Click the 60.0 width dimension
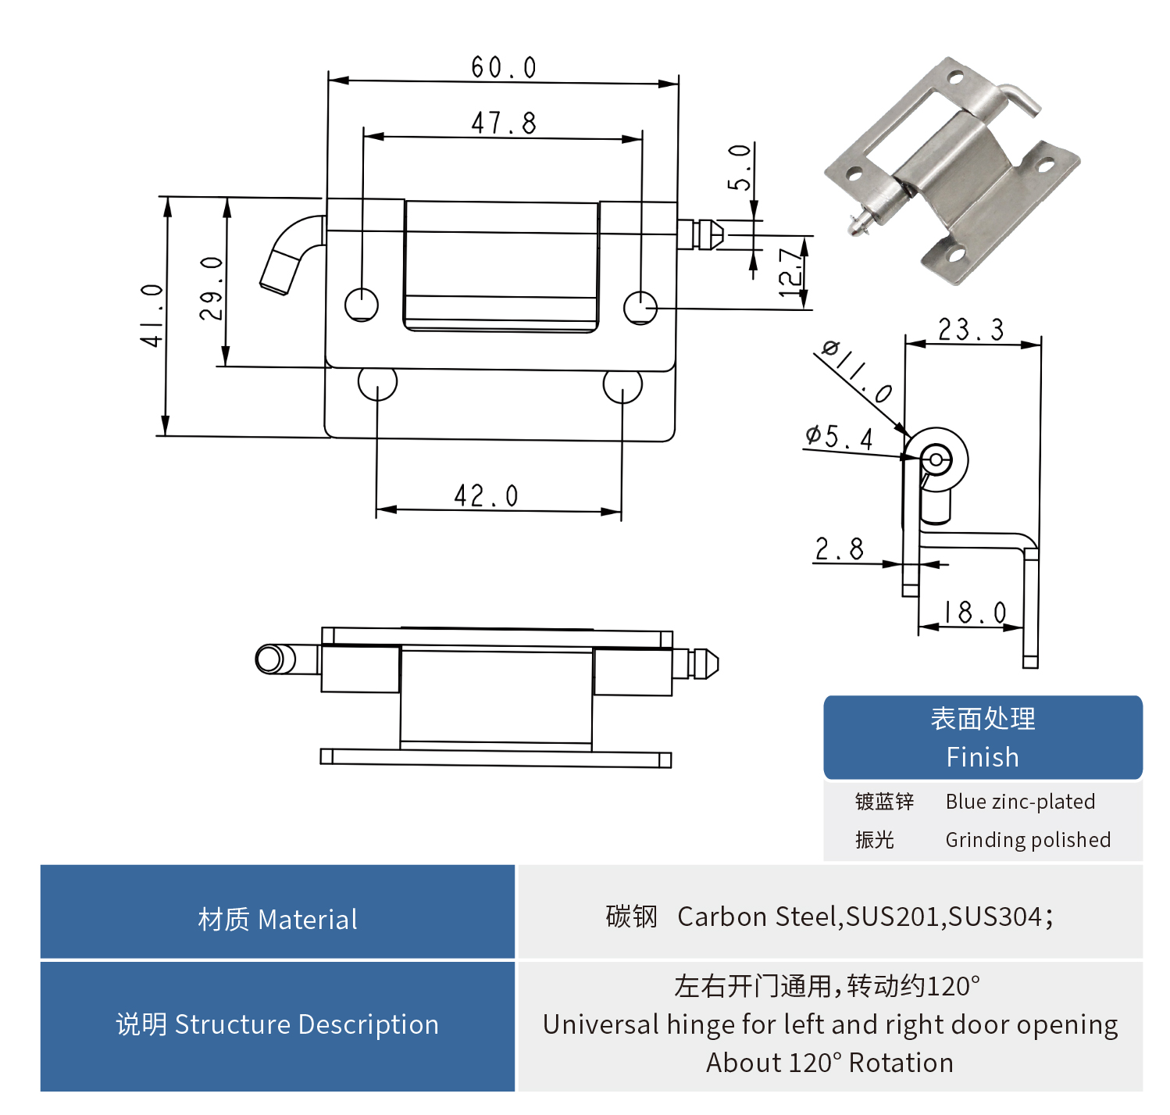pos(504,67)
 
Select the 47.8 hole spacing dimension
pos(504,123)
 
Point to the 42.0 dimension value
pos(486,495)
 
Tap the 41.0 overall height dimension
pos(152,315)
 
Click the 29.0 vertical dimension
pos(211,288)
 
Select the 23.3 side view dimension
pos(971,330)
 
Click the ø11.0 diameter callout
pos(857,371)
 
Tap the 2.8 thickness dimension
pos(840,549)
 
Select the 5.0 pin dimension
pos(740,167)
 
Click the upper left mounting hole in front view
pos(361,305)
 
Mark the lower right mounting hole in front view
pos(622,385)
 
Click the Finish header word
pos(982,757)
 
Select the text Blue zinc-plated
pos(1020,802)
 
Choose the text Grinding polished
pos(1028,840)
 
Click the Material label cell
pos(277,919)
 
